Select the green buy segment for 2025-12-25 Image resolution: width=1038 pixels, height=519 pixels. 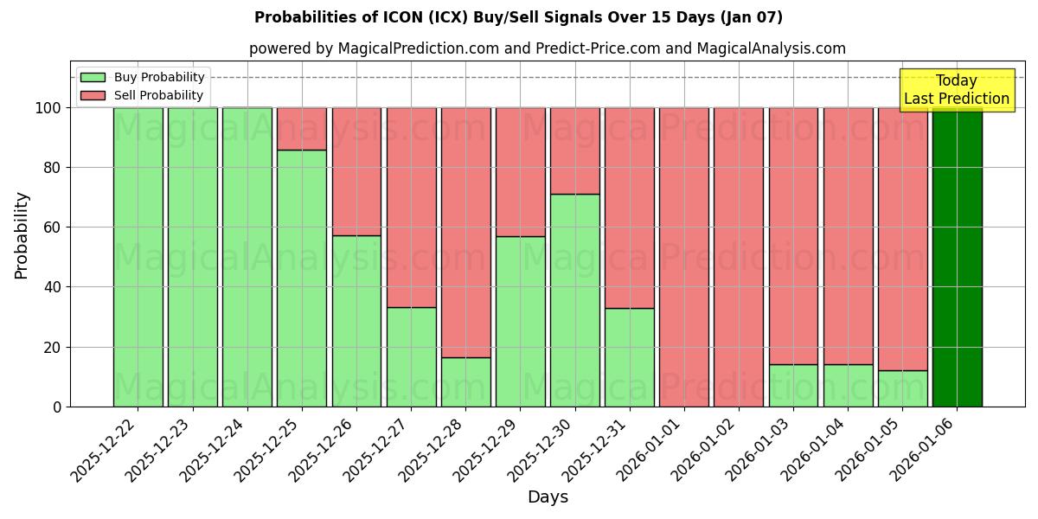click(302, 278)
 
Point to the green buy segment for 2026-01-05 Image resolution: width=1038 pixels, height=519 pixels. click(902, 388)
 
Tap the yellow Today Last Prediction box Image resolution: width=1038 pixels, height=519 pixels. click(956, 90)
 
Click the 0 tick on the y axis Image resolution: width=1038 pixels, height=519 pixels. click(57, 407)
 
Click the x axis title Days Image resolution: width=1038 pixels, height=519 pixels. click(548, 497)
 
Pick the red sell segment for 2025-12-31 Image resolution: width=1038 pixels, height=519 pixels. click(630, 208)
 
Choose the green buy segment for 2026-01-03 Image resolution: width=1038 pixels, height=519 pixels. click(793, 385)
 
